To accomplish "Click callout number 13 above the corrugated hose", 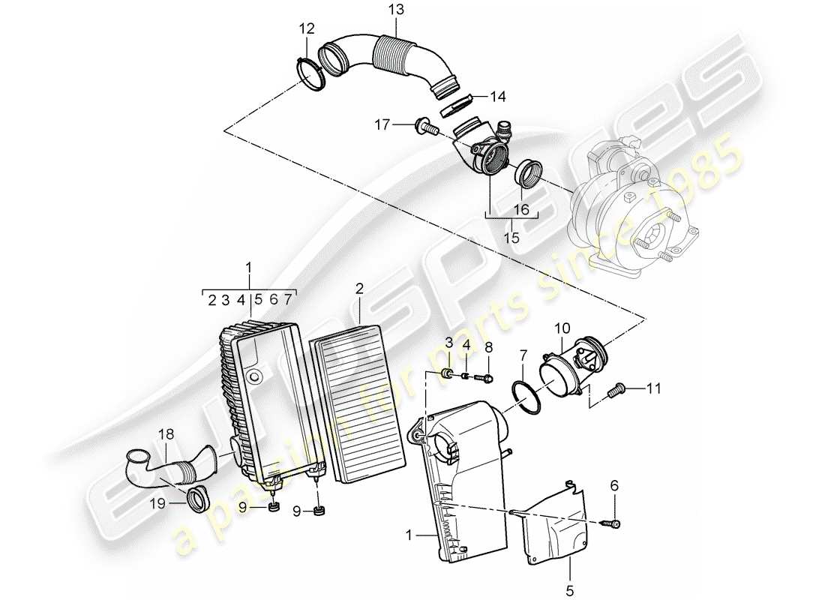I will [x=395, y=10].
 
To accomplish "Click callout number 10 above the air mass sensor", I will [x=562, y=327].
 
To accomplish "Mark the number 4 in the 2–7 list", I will [x=241, y=299].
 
